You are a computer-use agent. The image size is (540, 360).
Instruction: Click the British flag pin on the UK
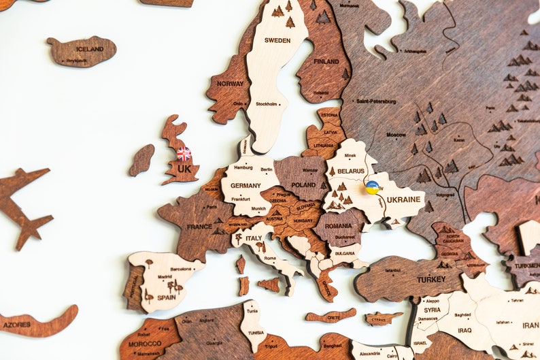184,154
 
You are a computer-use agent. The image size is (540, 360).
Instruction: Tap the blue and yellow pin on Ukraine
372,187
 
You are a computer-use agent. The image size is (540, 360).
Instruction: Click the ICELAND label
90,49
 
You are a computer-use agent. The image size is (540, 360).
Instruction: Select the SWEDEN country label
277,40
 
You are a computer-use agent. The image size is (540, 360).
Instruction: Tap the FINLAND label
326,61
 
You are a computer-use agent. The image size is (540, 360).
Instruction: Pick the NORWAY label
230,84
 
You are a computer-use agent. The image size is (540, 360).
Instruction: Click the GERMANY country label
246,185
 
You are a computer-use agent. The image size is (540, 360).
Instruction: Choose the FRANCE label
199,227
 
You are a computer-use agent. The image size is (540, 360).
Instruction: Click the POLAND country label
303,184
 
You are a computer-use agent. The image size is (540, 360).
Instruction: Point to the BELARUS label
351,171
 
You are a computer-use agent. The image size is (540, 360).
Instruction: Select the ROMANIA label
338,225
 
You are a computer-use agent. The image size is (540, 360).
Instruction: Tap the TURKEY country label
431,279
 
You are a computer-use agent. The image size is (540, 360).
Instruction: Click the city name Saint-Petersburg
376,101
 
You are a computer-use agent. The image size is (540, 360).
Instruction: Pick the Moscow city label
396,135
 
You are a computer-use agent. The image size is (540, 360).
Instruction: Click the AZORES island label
16,325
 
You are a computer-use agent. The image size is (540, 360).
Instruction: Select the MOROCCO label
145,344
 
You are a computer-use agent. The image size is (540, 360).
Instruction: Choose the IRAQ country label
465,330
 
